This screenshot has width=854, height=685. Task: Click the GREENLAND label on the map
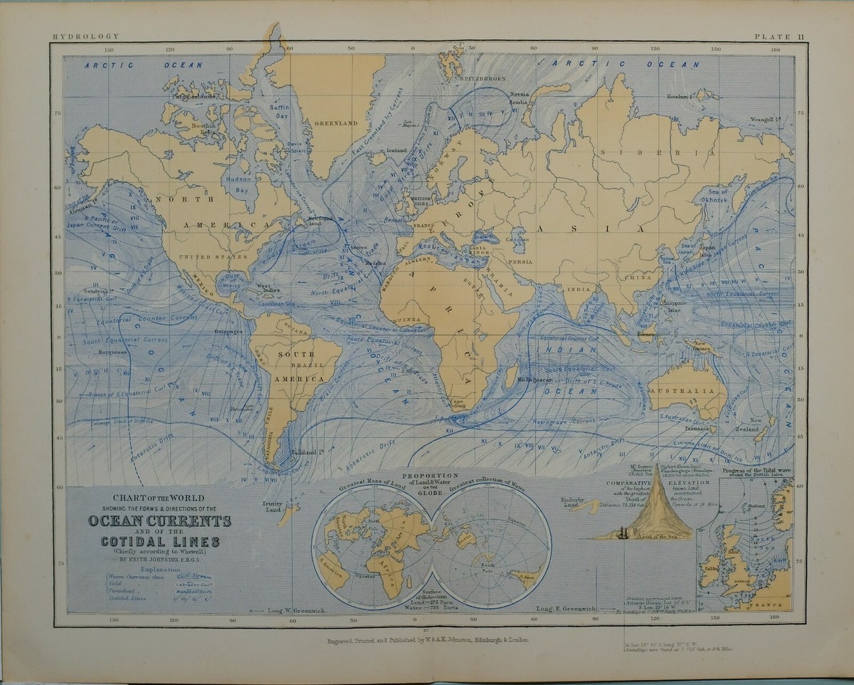click(336, 122)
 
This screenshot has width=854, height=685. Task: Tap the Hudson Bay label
click(236, 186)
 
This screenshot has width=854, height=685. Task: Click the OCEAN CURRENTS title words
click(159, 521)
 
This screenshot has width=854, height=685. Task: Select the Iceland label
click(396, 150)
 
